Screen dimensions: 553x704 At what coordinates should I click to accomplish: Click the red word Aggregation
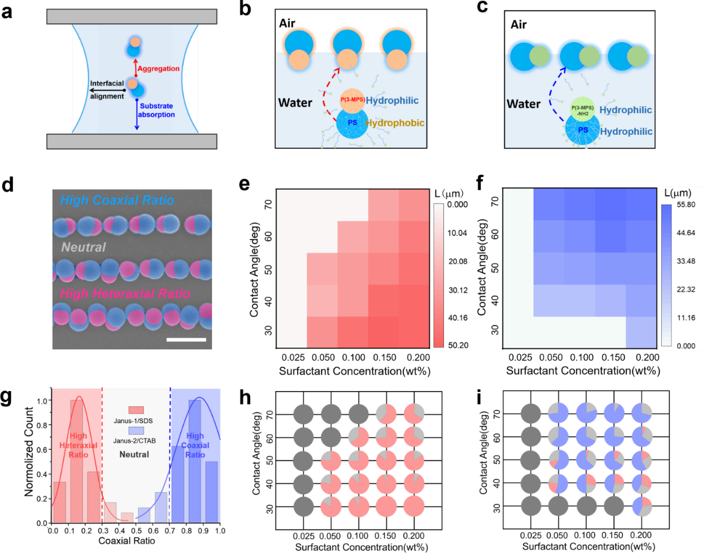[158, 69]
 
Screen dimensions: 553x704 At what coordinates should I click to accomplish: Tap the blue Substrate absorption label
[156, 110]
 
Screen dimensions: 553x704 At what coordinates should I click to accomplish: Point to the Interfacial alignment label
[107, 90]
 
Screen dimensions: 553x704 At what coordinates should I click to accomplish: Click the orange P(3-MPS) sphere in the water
[352, 100]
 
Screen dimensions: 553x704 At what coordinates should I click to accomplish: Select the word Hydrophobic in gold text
[395, 123]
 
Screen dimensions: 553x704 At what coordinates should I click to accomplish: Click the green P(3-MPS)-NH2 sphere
[583, 110]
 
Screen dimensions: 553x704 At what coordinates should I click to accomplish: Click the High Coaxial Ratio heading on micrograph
[117, 200]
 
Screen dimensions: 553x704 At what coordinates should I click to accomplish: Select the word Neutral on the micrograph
[83, 247]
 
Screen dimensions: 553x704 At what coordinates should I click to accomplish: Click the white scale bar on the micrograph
[186, 339]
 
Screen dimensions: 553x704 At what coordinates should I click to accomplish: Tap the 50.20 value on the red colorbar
[458, 345]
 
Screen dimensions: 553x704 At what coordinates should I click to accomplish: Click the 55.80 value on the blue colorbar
[686, 205]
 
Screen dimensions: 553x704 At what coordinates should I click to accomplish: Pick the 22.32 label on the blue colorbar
[686, 290]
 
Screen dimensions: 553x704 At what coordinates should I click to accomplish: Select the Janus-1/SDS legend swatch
[136, 410]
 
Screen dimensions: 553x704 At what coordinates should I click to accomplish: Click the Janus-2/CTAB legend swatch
[136, 430]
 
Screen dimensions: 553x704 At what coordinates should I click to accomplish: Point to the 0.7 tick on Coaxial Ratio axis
[170, 531]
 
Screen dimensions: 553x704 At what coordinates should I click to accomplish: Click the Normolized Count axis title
[29, 451]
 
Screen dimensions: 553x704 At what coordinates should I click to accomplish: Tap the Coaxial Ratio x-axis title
[126, 541]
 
